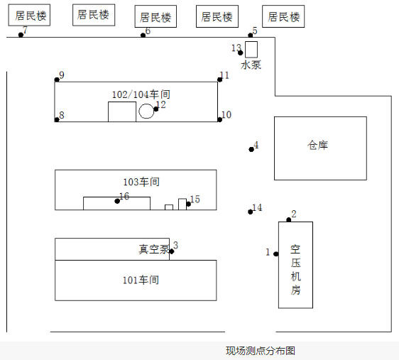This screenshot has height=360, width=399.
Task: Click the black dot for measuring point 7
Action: click(x=21, y=35)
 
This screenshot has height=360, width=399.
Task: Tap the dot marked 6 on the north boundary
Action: click(x=143, y=35)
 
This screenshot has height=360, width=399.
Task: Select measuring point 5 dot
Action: click(x=251, y=35)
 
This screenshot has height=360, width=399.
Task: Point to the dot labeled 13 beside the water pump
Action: click(x=240, y=53)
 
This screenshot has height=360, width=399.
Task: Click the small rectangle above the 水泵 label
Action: click(x=251, y=50)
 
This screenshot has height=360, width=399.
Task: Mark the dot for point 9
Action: click(x=57, y=80)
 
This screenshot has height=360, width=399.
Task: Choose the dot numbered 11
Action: click(x=220, y=80)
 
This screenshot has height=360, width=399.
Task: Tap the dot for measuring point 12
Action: click(x=156, y=109)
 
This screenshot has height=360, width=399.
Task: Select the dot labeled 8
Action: click(x=57, y=119)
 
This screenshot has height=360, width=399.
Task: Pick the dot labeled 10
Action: click(x=220, y=119)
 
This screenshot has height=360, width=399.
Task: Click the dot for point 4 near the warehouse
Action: click(x=251, y=149)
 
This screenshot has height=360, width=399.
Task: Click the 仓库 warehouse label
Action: click(x=317, y=146)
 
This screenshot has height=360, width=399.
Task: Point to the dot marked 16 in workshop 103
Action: click(x=117, y=201)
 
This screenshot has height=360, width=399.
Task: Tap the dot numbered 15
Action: click(x=189, y=204)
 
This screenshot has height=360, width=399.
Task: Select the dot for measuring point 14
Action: click(x=251, y=212)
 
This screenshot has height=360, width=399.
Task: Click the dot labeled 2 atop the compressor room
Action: click(x=289, y=219)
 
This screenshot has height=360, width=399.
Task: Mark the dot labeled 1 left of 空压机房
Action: click(x=276, y=254)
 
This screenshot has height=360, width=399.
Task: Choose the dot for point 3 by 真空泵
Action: click(x=172, y=251)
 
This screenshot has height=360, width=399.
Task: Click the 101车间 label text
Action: click(x=141, y=280)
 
